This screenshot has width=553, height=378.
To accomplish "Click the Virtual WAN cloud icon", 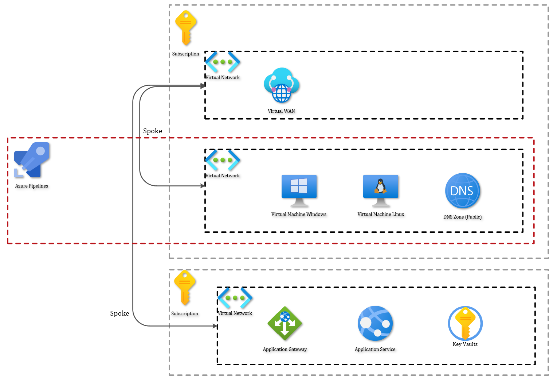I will click(282, 85).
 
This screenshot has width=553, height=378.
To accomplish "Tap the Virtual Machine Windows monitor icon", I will click(299, 190).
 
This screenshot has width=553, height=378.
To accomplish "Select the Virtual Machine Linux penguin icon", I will click(381, 190).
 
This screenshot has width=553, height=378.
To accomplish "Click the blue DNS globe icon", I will click(462, 191).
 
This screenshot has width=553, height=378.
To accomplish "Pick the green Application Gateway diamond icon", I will click(285, 323).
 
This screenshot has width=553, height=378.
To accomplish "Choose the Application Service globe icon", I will click(375, 323).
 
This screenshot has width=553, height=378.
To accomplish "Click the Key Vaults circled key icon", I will click(465, 323).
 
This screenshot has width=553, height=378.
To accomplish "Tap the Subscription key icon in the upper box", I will click(186, 28).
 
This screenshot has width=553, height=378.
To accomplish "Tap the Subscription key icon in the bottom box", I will click(185, 288).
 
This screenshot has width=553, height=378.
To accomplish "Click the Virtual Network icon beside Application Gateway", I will click(235, 298).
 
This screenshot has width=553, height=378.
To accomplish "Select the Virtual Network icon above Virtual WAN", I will click(223, 62).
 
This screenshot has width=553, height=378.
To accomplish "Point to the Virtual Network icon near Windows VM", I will click(223, 160).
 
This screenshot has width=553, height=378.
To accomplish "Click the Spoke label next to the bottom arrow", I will click(119, 313).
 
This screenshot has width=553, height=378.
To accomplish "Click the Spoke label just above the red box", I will click(153, 131).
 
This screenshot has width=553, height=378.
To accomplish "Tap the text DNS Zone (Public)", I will click(462, 217).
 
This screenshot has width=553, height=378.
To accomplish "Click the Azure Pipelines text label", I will click(32, 186).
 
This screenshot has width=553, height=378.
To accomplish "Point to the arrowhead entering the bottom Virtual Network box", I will click(215, 326).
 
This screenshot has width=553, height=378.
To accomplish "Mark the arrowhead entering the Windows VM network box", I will click(203, 186).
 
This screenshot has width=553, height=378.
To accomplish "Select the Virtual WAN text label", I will click(281, 111).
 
